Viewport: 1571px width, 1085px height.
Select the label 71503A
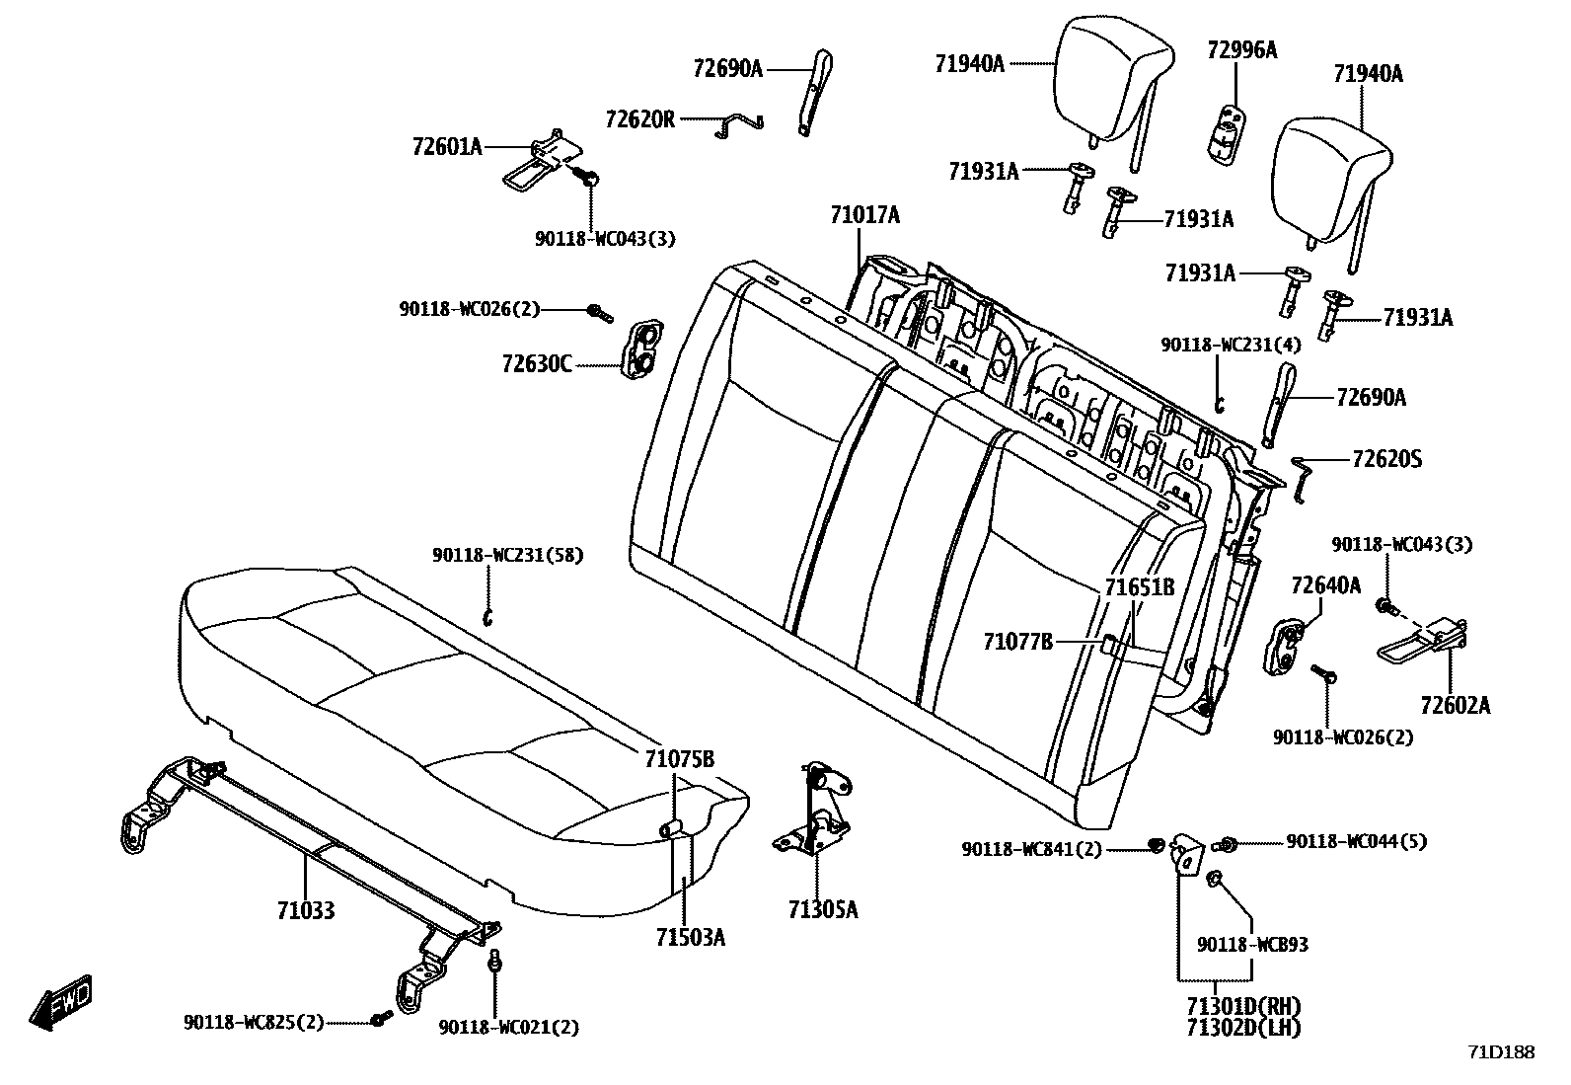[x=690, y=937]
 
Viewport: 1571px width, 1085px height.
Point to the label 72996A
[x=1241, y=50]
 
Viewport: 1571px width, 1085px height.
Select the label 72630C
[x=536, y=364]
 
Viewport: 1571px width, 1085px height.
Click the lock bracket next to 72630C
[x=641, y=348]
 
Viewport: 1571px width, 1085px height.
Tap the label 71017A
[x=864, y=215]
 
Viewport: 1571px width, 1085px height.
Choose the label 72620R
[x=639, y=119]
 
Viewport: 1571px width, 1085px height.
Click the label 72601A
[x=447, y=147]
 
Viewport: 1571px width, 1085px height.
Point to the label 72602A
[x=1456, y=705]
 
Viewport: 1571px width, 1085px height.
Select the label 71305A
[x=823, y=909]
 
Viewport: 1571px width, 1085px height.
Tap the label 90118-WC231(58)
[x=507, y=556]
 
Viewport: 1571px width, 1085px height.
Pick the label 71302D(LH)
[x=1243, y=1028]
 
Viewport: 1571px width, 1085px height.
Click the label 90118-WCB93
[x=1252, y=945]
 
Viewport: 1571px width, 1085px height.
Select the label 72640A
[x=1325, y=585]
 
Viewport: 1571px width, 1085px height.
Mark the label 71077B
[x=1017, y=642]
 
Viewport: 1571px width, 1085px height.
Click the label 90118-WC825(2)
[x=254, y=1022]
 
